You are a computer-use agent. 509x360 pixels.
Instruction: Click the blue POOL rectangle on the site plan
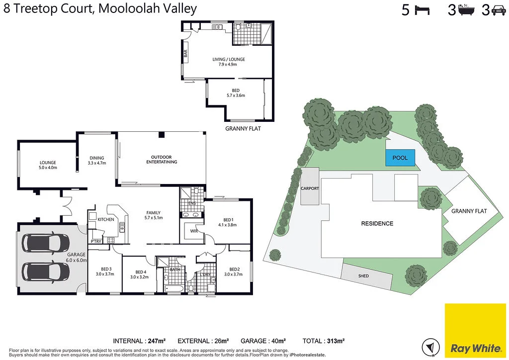pos(400,158)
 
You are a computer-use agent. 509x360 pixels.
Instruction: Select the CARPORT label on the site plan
pos(310,189)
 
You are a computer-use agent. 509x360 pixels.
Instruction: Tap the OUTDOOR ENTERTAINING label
pos(161,160)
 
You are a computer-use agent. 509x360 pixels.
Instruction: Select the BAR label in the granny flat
pos(186,54)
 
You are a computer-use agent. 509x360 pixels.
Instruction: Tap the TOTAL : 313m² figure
pos(323,341)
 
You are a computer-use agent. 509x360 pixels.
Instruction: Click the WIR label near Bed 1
pos(191,231)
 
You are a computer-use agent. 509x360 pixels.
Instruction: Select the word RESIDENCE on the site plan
pos(377,224)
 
